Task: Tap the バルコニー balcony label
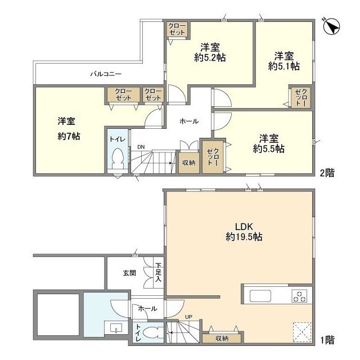tap(106, 74)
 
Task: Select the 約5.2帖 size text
tap(210, 57)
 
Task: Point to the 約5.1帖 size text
tap(283, 66)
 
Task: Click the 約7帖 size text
tap(69, 137)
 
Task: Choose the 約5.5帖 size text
tap(269, 148)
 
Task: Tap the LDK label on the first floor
tap(244, 227)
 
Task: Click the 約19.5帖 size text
tap(244, 237)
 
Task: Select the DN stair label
tap(141, 147)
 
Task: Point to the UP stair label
tap(188, 317)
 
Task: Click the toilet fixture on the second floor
tap(118, 158)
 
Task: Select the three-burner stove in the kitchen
tap(299, 296)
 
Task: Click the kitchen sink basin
tap(260, 296)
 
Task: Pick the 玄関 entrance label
tap(129, 273)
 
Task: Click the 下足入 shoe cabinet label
tap(158, 272)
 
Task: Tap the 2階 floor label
tap(327, 173)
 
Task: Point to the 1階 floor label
tap(327, 340)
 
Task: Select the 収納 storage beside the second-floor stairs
tap(189, 163)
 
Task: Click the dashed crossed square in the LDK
tap(302, 332)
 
